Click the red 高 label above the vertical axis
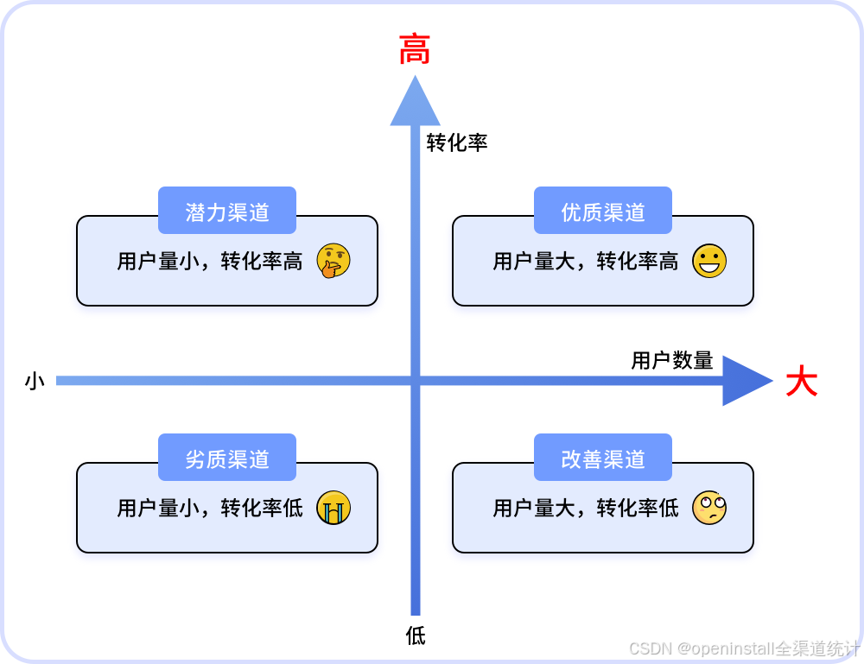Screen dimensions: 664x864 [415, 50]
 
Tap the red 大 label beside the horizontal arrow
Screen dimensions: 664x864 [801, 382]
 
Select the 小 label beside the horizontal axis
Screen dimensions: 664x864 [35, 381]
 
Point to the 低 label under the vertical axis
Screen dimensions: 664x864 [416, 636]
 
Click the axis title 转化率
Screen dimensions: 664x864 [457, 142]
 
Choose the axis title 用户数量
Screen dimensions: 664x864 [672, 360]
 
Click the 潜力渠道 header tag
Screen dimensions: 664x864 [227, 212]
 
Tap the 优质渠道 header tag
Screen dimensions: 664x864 [603, 212]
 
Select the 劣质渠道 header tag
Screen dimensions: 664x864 [227, 458]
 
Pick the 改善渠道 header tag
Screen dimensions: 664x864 [603, 458]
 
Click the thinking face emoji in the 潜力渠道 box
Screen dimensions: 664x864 [334, 261]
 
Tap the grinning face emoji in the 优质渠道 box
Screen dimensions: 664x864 [709, 261]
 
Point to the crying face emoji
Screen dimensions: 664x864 [334, 508]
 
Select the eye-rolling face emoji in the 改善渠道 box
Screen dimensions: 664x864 [709, 508]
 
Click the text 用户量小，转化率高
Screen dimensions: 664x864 [210, 261]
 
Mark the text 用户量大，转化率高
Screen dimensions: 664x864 [586, 261]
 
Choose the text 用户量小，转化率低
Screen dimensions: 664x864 [210, 508]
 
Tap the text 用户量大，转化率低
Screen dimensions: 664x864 [586, 508]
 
